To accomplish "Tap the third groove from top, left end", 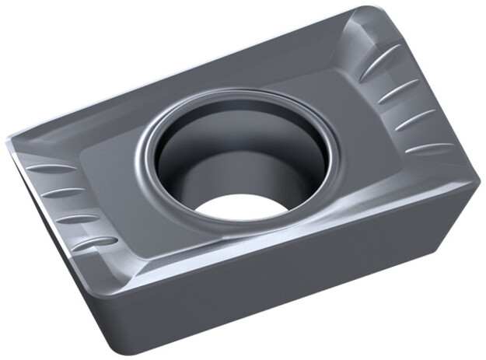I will [x=79, y=218].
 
